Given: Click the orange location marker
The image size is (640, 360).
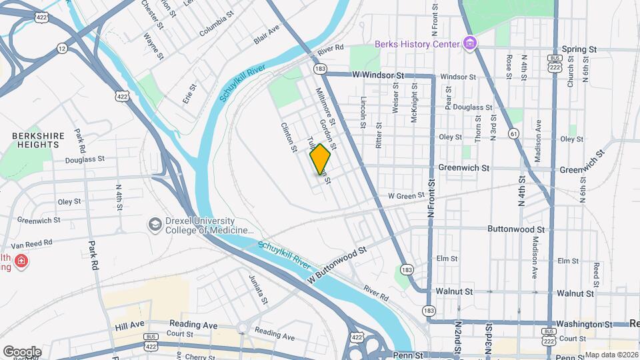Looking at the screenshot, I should [x=320, y=159].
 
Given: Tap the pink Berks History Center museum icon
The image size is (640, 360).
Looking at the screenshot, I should [x=471, y=43].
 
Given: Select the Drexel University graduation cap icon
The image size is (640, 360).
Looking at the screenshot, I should [x=155, y=225].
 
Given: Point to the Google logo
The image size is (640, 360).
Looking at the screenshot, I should [x=22, y=351].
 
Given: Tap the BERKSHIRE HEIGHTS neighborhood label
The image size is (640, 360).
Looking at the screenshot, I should [x=38, y=141].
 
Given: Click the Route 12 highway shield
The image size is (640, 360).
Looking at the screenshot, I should [x=62, y=48].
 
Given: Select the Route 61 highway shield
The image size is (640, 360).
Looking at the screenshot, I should [x=513, y=133].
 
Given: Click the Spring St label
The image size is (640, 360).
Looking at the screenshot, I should [x=578, y=49].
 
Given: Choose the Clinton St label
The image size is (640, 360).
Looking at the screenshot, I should [x=289, y=137].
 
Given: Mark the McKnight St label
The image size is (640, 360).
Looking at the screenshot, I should [x=414, y=107].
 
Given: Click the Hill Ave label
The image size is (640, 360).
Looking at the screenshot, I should [x=129, y=325].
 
